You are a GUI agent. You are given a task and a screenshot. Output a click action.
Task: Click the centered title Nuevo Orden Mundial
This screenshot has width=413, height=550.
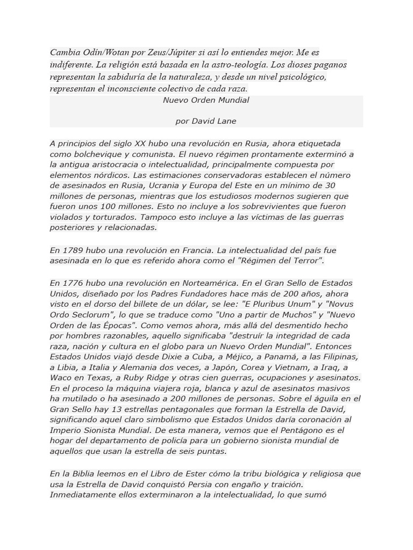pos(206,100)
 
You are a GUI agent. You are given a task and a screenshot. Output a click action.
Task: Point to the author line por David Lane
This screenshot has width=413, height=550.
pos(206,121)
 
